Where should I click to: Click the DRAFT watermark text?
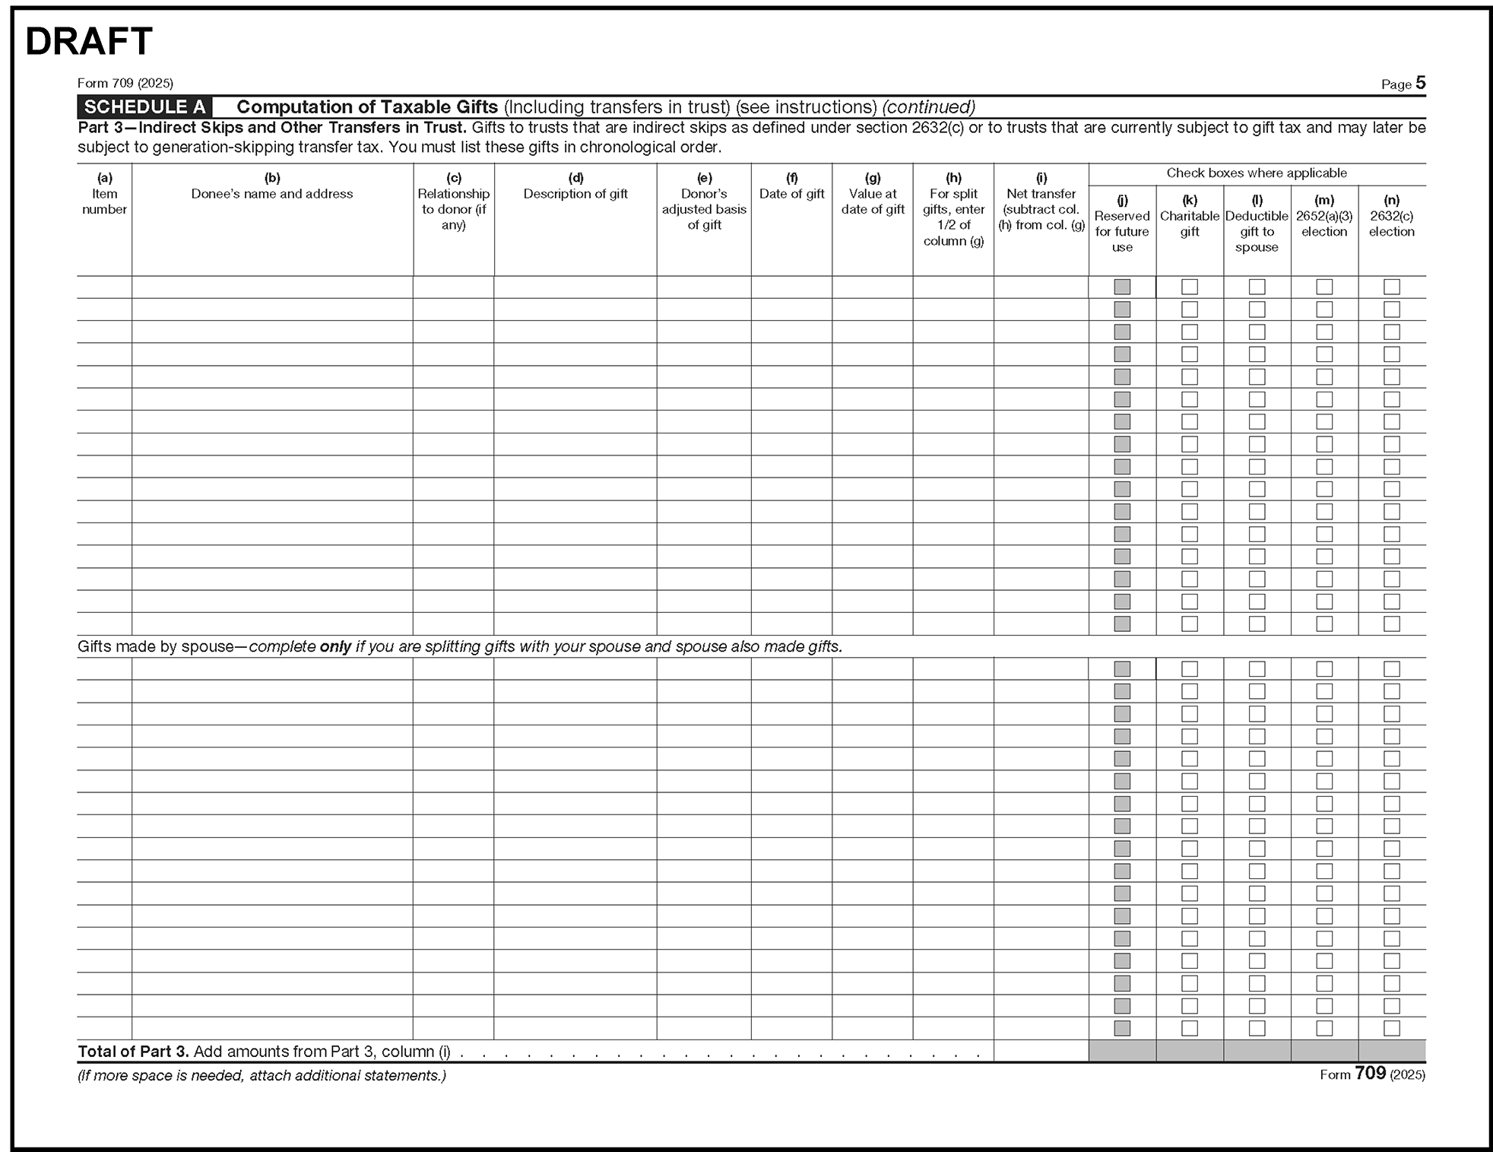point(89,42)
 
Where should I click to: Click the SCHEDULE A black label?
point(144,106)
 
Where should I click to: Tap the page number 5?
point(1420,83)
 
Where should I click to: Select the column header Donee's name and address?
point(272,194)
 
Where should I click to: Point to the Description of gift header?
point(575,194)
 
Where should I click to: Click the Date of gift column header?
point(791,194)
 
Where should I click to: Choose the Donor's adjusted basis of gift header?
point(704,209)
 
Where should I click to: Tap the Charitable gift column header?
point(1189,224)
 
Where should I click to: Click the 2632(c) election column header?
point(1391,224)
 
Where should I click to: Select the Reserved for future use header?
point(1122,231)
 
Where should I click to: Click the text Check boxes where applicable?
point(1256,173)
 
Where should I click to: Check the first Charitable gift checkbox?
point(1190,287)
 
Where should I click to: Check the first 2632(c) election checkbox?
point(1391,287)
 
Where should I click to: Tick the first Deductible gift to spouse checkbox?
point(1257,287)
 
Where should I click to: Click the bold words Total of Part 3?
point(133,1052)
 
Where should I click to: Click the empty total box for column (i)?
point(1041,1051)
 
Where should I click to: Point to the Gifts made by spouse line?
point(459,646)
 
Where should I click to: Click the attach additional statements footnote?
point(262,1075)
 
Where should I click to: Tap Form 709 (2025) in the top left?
point(125,83)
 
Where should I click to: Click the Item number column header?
point(104,202)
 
